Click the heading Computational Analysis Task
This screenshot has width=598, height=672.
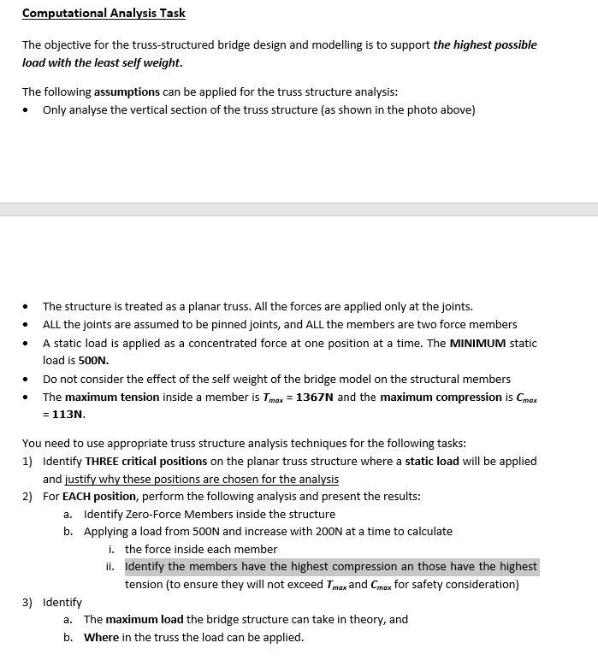pos(104,13)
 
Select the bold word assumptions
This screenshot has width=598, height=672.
pos(127,91)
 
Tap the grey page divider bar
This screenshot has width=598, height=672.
pos(299,209)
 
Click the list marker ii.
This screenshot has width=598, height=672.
pos(110,566)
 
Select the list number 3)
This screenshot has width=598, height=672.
pos(28,602)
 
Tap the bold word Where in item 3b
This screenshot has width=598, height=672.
pos(101,637)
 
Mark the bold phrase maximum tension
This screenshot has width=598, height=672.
pos(112,397)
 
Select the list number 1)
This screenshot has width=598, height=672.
pos(28,461)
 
